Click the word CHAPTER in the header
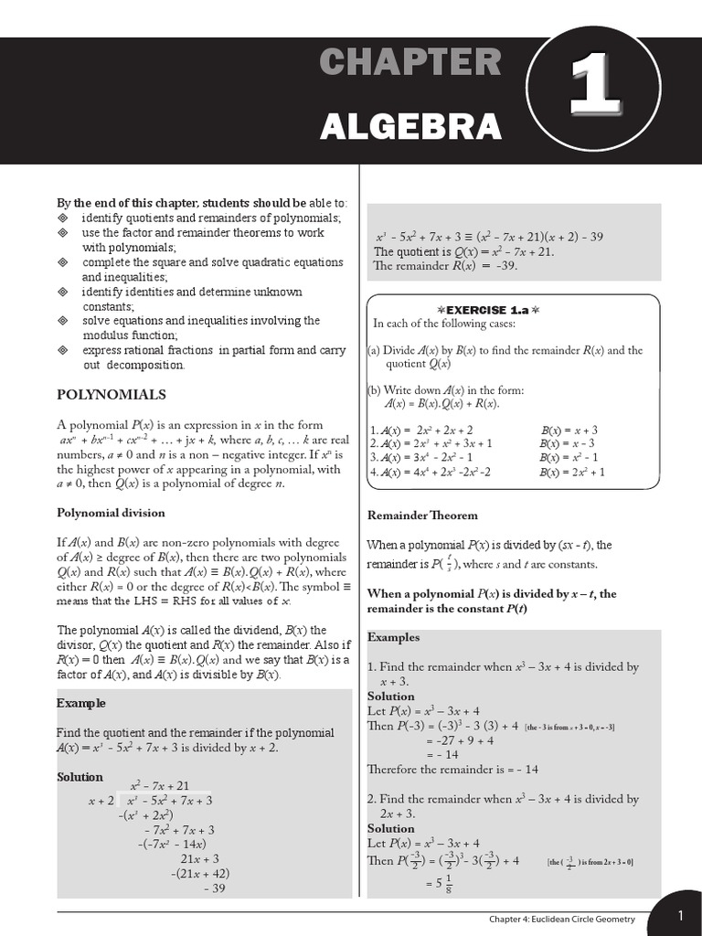point(410,63)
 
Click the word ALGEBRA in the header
point(410,126)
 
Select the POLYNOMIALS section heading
point(112,395)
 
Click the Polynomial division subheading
point(112,513)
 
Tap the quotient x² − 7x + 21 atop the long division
point(160,785)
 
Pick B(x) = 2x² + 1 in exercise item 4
point(572,472)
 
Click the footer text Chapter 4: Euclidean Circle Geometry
point(562,918)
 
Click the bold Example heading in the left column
point(81,703)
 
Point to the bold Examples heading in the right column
point(393,637)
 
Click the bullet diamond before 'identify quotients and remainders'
point(63,218)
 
